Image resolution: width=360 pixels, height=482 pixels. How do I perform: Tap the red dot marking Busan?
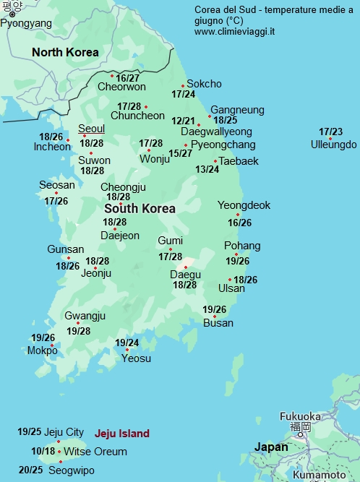point(214,317)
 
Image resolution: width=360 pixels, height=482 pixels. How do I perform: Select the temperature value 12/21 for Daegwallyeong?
point(183,121)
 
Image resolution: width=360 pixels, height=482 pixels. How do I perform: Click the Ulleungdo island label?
point(333,145)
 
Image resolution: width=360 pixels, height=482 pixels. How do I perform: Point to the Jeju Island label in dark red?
point(122,434)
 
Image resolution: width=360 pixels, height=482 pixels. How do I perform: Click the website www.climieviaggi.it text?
point(233,33)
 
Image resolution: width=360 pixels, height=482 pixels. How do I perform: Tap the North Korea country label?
point(66,52)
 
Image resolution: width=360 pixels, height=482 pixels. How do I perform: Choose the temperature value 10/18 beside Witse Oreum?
point(43,451)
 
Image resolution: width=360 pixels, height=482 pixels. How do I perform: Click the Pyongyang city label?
point(26,23)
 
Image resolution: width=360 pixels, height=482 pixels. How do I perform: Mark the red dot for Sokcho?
point(183,86)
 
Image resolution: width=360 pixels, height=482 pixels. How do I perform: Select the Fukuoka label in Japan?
point(300,416)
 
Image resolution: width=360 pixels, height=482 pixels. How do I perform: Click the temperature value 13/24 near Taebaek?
point(207,169)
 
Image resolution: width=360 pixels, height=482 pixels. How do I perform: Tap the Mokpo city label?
point(43,350)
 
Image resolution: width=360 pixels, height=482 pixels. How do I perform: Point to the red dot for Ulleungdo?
point(330,138)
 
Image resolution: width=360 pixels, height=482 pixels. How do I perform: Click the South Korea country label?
point(140,209)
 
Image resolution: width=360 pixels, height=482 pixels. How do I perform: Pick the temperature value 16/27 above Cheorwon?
point(128,78)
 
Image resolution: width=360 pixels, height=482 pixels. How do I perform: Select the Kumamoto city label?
point(319,475)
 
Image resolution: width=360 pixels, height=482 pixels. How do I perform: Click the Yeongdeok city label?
point(244,205)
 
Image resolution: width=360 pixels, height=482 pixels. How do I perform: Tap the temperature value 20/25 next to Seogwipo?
point(30,470)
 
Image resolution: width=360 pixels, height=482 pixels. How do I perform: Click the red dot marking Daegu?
point(186,267)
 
